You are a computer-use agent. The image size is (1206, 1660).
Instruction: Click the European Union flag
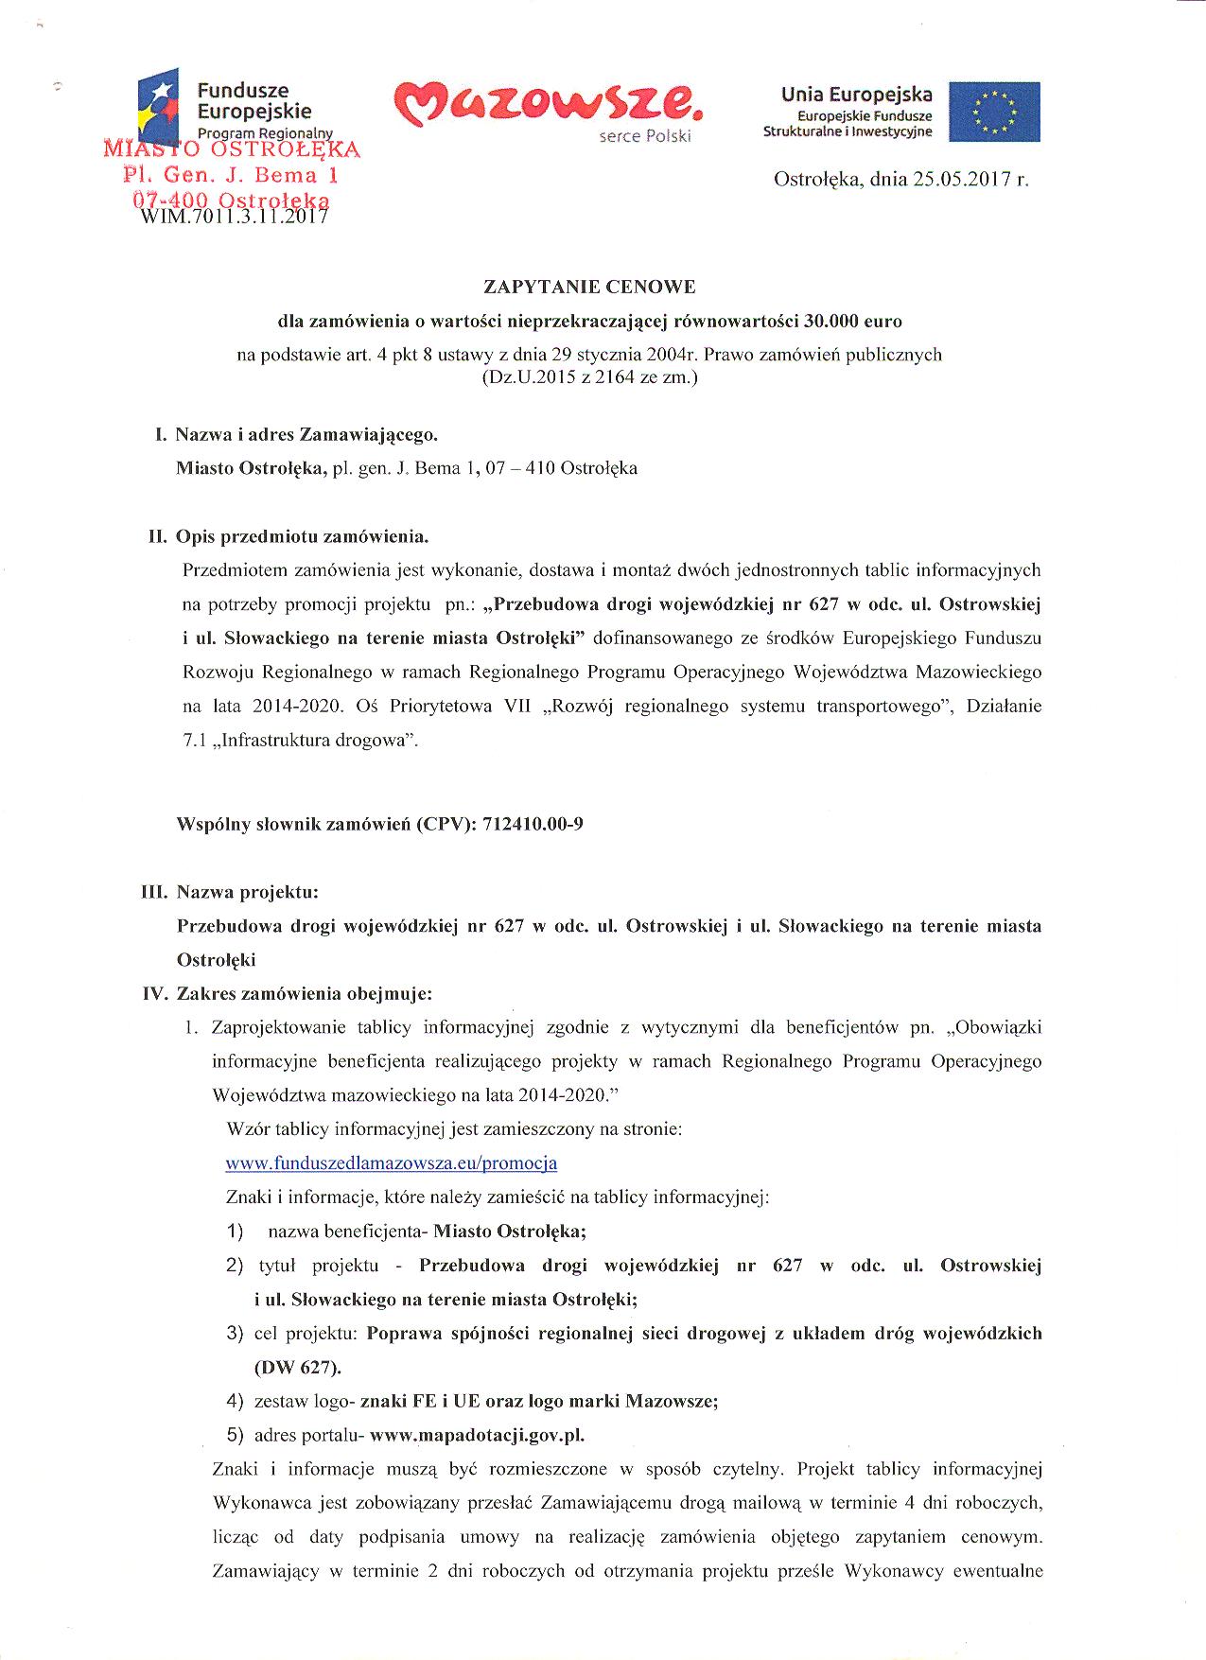tap(994, 112)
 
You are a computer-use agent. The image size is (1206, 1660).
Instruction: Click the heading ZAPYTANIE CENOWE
tap(589, 287)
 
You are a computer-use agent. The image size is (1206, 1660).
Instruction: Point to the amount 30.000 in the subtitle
tap(830, 321)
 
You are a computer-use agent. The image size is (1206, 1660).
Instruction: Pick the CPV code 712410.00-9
tap(533, 824)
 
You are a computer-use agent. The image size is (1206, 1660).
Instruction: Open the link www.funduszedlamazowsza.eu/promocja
tap(391, 1163)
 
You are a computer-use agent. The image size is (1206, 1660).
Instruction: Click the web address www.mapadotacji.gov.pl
tap(477, 1435)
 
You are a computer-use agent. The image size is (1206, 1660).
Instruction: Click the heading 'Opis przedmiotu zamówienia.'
tap(303, 537)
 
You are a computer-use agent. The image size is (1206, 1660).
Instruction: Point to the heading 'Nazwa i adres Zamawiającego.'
tap(306, 435)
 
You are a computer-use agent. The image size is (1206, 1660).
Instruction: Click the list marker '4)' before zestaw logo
tap(236, 1401)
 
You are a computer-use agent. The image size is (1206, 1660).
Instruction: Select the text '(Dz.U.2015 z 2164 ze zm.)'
tap(589, 377)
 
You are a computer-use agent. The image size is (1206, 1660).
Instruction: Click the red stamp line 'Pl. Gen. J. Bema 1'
tap(232, 175)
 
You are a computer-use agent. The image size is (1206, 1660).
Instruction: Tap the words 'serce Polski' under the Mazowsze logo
tap(645, 136)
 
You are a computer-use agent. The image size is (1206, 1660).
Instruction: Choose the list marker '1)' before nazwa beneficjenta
tap(235, 1232)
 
